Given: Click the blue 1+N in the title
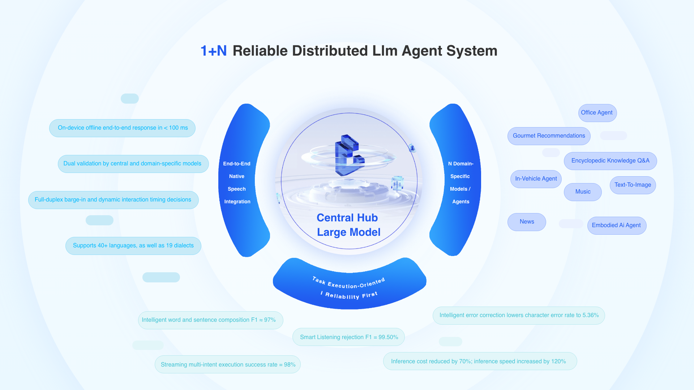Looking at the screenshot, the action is pos(214,51).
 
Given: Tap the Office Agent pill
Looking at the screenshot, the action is pos(597,113).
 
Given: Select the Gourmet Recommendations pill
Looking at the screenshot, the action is pos(549,136).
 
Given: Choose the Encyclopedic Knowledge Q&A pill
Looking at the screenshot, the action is pos(610,161).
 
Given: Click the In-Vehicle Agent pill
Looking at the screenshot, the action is pos(536,179).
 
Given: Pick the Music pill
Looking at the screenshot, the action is pos(583,192).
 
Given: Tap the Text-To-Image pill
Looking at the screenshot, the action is pos(633,185).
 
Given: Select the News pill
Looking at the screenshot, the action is pos(527,222).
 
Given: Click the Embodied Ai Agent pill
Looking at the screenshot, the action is pos(617,225).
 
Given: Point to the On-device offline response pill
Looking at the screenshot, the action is pos(122,128).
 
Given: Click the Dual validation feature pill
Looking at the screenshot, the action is pos(133,164).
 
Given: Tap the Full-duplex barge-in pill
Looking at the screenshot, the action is pos(113,200).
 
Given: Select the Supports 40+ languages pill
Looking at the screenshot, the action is pos(133,246).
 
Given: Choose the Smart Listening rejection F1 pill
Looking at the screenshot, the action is pos(348,337).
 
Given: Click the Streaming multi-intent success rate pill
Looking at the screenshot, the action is pos(228,364).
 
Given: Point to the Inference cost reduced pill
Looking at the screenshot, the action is pos(480,361).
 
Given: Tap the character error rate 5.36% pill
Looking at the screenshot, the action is pos(519,315).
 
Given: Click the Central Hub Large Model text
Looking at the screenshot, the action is pos(348,225).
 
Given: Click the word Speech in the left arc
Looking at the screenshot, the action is pos(237,189).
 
